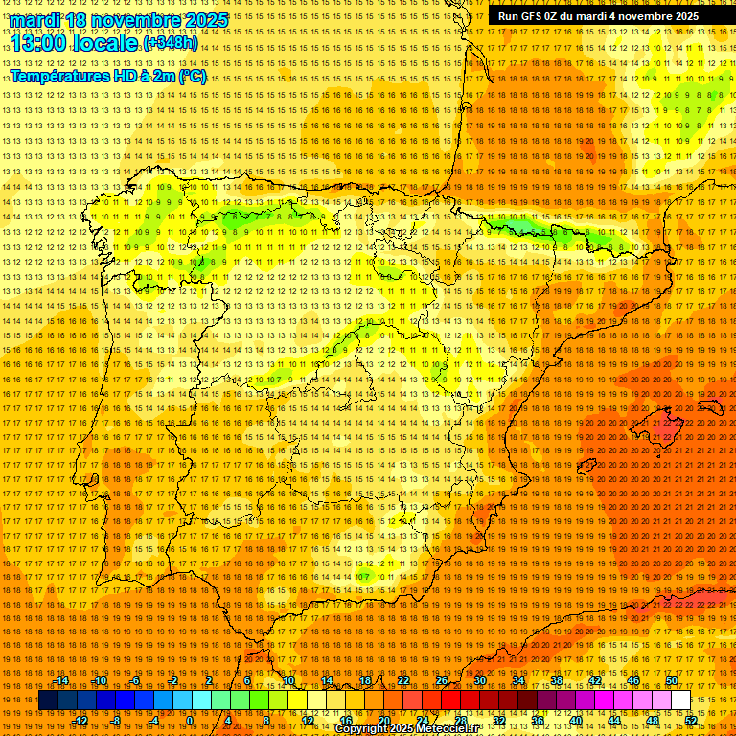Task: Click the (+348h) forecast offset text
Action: coord(170,43)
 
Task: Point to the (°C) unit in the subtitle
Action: coord(192,76)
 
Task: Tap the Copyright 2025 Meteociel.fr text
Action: coord(406,729)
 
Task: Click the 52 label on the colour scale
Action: coord(690,721)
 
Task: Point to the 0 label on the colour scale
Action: coord(190,721)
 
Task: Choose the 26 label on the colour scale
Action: coord(442,680)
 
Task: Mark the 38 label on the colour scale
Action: coord(557,680)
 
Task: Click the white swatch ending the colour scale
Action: coord(680,701)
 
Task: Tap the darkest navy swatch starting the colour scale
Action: coord(48,701)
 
